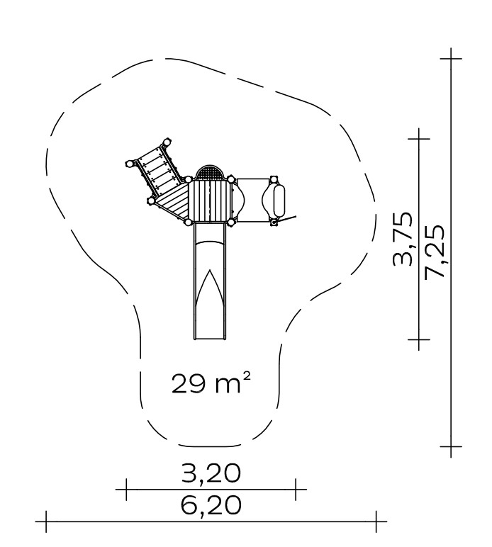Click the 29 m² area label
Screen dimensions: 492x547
(211, 383)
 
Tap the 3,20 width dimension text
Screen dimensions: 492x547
(211, 473)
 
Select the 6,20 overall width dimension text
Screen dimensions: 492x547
(211, 504)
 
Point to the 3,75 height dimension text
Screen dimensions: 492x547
(403, 239)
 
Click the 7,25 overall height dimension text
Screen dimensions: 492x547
(435, 252)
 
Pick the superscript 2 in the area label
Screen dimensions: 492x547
(247, 376)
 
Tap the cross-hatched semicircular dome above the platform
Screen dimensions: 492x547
(209, 173)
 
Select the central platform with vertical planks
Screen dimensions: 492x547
(209, 201)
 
